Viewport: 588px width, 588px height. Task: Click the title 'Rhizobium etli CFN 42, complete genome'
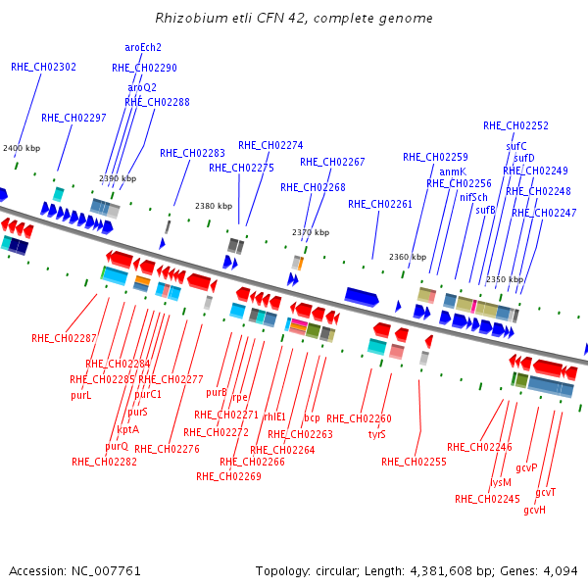[294, 19]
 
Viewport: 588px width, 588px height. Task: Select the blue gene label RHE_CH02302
[43, 67]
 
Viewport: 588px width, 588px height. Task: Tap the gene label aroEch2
[143, 47]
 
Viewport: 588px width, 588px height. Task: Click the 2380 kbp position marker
[214, 206]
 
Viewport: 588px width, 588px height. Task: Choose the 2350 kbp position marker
[505, 279]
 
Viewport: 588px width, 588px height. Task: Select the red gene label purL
[80, 396]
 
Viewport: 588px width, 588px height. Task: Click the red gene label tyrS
[377, 434]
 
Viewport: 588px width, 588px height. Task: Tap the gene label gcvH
[534, 510]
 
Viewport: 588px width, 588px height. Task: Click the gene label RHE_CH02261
[380, 204]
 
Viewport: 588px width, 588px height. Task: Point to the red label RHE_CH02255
[414, 462]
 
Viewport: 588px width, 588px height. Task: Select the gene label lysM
[501, 482]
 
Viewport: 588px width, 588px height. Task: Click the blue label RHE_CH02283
[192, 153]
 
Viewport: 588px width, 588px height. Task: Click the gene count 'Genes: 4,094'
[543, 570]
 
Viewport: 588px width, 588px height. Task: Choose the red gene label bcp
[312, 417]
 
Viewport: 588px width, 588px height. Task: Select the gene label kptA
[127, 429]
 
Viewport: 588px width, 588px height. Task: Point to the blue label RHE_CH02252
[515, 125]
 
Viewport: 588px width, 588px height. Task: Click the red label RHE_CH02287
[64, 338]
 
